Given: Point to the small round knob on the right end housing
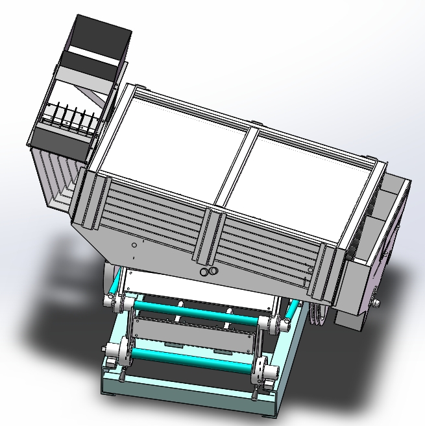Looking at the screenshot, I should tap(376, 303).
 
